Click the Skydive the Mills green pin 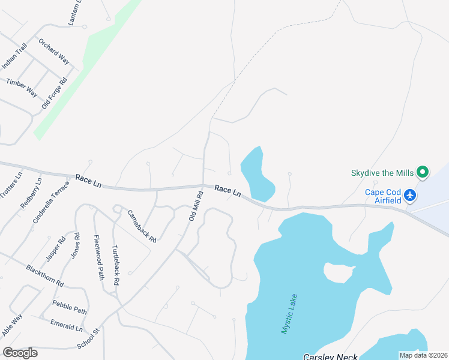coord(423,173)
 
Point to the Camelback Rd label coord(142,226)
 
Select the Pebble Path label coord(69,307)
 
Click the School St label coord(88,340)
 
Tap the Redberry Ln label coord(31,193)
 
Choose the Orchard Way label coord(54,52)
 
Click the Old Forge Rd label coord(53,92)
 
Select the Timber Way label coord(22,87)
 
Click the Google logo coord(20,353)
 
